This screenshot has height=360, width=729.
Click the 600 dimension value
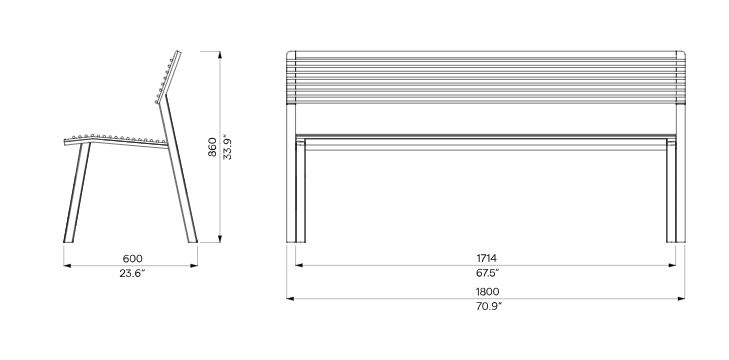pos(133,258)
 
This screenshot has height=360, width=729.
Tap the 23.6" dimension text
pos(132,273)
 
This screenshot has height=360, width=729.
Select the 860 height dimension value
pos(212,147)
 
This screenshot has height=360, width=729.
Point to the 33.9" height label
pos(227,147)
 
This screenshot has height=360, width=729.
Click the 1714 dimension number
pos(486,258)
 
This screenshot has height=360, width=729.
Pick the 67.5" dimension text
pos(487,273)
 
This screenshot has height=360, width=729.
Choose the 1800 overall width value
pos(487,292)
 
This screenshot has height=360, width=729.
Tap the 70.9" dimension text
pos(488,307)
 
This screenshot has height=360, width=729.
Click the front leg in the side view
pos(77,193)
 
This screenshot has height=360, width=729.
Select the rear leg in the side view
pos(179,172)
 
